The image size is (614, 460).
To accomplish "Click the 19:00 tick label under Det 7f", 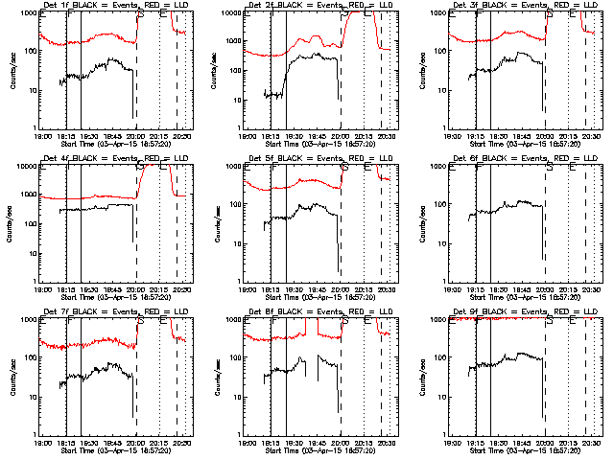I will pos(43,443).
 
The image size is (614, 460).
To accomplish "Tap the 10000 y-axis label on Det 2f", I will pos(235,13).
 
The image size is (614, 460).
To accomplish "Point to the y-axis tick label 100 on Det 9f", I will pos(441,358).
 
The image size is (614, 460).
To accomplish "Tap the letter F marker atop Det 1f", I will pos(69,14).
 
